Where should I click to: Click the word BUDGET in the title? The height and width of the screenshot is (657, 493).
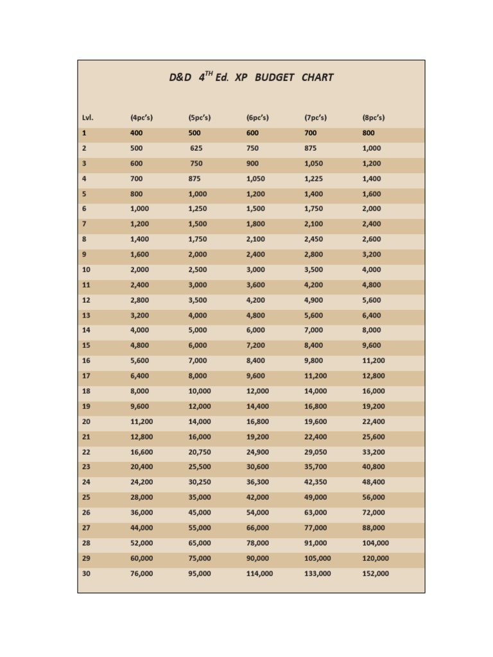[x=274, y=78]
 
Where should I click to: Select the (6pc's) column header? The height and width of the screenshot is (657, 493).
[x=257, y=118]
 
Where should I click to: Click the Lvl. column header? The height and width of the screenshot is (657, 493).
[x=87, y=118]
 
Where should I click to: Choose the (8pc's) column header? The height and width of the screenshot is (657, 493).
[x=374, y=118]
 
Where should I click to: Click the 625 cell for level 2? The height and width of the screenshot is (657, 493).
[x=196, y=148]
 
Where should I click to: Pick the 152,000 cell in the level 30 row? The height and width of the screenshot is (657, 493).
[x=376, y=574]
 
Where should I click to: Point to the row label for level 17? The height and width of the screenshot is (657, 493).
[x=86, y=376]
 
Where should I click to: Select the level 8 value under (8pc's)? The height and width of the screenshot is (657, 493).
[x=372, y=239]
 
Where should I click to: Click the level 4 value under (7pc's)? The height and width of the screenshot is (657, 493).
[x=313, y=179]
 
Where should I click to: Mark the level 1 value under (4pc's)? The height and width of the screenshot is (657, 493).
[x=136, y=133]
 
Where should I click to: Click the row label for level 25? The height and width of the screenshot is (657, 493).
[x=86, y=498]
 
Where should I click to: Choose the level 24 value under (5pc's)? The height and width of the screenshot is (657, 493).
[x=199, y=482]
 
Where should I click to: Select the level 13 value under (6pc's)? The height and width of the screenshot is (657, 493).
[x=255, y=316]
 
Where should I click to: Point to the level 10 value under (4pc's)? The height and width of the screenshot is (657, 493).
[x=139, y=270]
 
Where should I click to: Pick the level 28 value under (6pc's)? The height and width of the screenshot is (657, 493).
[x=257, y=543]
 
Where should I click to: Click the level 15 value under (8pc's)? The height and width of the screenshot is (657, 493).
[x=372, y=346]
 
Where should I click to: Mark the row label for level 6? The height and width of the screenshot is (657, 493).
[x=84, y=209]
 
